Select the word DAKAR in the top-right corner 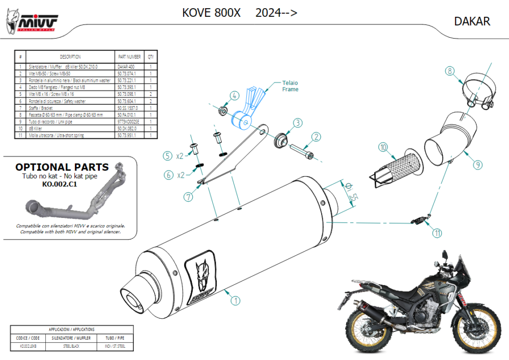pos(472,21)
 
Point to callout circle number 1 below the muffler pos(235,300)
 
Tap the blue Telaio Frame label pos(290,86)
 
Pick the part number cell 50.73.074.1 pos(129,73)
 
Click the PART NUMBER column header pos(129,57)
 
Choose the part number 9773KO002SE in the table pos(129,122)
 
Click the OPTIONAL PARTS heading pos(62,167)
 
